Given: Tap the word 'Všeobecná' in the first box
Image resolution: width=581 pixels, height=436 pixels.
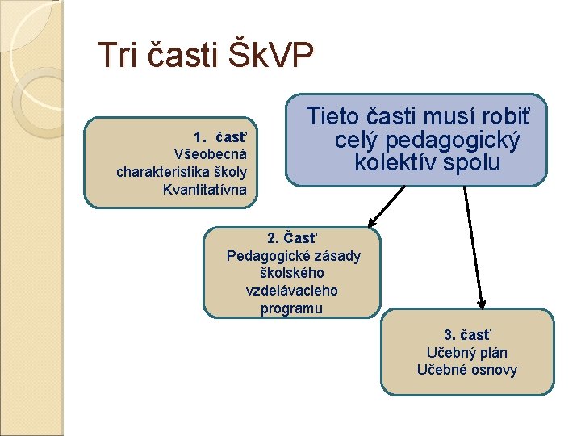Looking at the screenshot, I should tap(211, 153).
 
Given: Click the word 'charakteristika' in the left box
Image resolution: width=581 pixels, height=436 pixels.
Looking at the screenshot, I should tap(162, 172).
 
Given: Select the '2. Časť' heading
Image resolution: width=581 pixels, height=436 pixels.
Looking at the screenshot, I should tap(292, 238).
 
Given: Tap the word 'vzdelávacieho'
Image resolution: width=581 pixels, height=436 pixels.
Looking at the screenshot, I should tap(291, 291).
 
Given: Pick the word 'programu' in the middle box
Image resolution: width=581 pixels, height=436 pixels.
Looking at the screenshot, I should tap(291, 308).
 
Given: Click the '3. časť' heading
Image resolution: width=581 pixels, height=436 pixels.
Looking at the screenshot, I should tap(467, 334).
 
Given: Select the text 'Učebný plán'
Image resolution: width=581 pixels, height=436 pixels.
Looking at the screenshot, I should tap(467, 352).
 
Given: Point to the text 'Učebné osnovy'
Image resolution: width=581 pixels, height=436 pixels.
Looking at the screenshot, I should tap(467, 370).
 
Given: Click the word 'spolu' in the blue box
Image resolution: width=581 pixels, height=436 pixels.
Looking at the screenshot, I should tap(477, 162).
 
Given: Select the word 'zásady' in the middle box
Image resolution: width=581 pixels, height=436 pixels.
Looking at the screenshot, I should tap(337, 256).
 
